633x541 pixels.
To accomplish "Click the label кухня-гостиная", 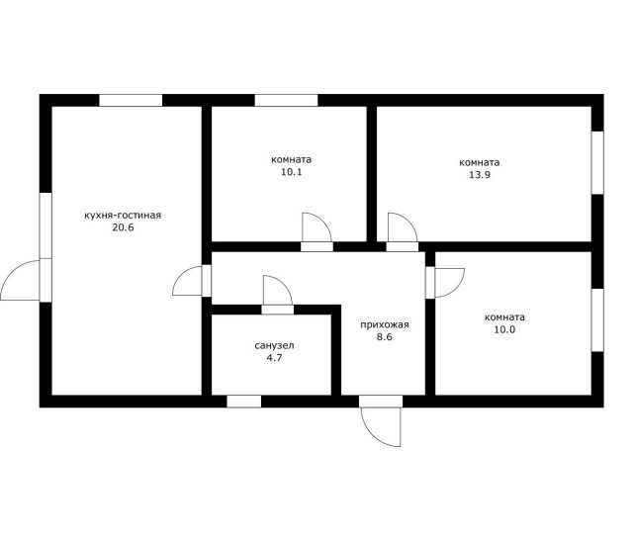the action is pyautogui.click(x=123, y=216).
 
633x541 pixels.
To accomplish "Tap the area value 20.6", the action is pyautogui.click(x=123, y=227).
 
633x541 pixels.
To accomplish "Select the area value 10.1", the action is pyautogui.click(x=292, y=172).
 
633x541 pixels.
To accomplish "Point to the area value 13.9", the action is pyautogui.click(x=480, y=175).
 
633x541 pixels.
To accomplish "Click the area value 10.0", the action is pyautogui.click(x=504, y=329).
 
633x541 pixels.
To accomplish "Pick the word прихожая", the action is pyautogui.click(x=385, y=324).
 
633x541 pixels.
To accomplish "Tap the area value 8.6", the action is pyautogui.click(x=385, y=336).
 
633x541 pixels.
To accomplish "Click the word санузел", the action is pyautogui.click(x=274, y=345).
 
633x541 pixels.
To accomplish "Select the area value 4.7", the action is pyautogui.click(x=274, y=358).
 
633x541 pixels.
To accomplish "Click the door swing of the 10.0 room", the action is pyautogui.click(x=456, y=289).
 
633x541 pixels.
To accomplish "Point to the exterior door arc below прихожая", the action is pyautogui.click(x=373, y=435).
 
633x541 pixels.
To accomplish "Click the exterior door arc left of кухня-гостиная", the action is pyautogui.click(x=12, y=272).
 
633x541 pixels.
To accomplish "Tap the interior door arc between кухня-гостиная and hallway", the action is pyautogui.click(x=181, y=275).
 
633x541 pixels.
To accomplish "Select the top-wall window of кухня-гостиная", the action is pyautogui.click(x=131, y=100).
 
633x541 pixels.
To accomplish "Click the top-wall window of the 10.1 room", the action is pyautogui.click(x=286, y=100).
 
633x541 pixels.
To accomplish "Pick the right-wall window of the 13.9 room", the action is pyautogui.click(x=597, y=163).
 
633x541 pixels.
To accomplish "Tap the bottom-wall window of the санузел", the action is pyautogui.click(x=244, y=402).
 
